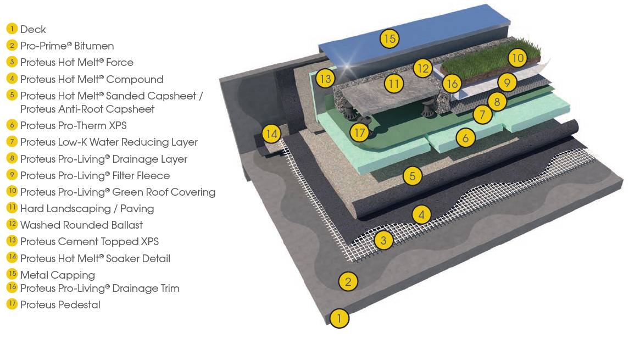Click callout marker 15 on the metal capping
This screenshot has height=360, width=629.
[389, 38]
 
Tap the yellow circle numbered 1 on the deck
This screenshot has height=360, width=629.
[339, 318]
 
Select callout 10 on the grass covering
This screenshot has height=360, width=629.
[517, 58]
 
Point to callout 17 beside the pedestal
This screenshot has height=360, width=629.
[359, 132]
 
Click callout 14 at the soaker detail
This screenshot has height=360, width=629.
[271, 134]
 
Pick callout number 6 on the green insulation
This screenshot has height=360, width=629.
[465, 138]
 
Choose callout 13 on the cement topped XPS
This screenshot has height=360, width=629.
[325, 79]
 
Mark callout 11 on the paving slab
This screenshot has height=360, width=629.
[393, 84]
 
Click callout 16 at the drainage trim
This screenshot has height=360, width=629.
[452, 84]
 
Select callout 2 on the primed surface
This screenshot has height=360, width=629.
[348, 282]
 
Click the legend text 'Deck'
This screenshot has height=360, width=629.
[33, 30]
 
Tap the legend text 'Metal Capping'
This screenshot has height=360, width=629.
[57, 275]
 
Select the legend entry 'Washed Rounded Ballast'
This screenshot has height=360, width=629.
[81, 225]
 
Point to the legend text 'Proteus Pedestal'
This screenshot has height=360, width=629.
[60, 304]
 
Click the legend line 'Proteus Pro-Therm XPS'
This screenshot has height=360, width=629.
[73, 126]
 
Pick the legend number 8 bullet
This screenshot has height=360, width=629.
[12, 159]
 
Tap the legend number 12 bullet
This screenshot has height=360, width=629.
[12, 225]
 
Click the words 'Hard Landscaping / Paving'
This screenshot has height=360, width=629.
[87, 209]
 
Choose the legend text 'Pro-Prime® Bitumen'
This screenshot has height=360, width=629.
[67, 46]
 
